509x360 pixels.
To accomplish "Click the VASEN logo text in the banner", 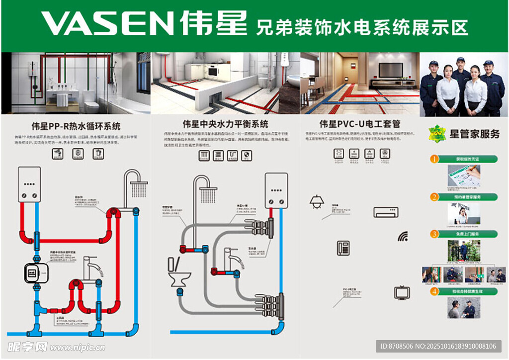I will coord(107,24).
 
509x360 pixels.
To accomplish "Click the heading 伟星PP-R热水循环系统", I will coord(76,126).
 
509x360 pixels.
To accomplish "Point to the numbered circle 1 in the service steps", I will coord(434,159).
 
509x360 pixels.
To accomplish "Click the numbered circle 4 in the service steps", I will coord(434,291).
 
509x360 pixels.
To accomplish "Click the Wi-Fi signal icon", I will coord(403,236).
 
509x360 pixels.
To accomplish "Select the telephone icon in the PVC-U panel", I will coord(343,248).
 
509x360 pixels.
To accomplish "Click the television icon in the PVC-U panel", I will coord(402,292).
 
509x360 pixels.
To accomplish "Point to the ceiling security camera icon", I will coord(316,202).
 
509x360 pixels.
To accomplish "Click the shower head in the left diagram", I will coord(139,188).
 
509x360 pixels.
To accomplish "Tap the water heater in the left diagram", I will coord(29,184).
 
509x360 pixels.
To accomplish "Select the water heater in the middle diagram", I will coord(276,190).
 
